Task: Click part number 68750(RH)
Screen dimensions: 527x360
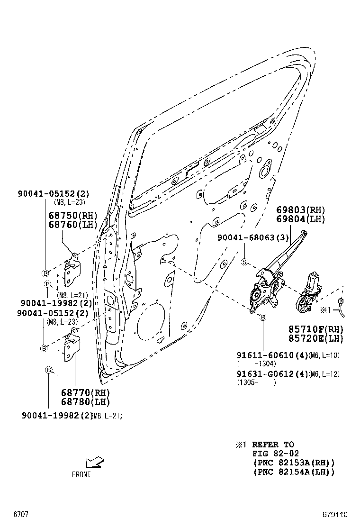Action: (x=72, y=215)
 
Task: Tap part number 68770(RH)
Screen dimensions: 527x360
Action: (x=85, y=393)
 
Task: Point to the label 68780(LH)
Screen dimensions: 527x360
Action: (x=85, y=402)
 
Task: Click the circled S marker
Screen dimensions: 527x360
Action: (x=245, y=262)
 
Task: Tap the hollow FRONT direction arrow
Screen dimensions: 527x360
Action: (x=95, y=462)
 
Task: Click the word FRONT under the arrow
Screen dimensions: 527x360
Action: (x=81, y=474)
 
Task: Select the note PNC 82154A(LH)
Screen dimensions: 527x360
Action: (x=294, y=472)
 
